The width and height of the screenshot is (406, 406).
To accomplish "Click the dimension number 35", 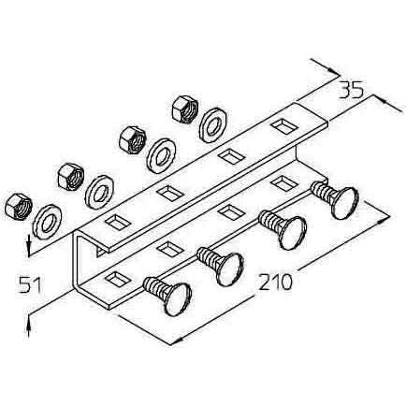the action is pos(352,90).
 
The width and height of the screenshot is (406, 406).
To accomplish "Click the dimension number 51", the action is pos(30,285).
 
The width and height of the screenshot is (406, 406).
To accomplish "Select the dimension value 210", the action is pos(276,282).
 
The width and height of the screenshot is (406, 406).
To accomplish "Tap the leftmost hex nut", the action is pos(19,207).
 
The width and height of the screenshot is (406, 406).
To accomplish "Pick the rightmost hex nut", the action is pos(185,109).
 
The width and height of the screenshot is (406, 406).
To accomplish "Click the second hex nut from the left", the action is pos(71,177).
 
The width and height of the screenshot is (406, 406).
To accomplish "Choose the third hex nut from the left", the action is pos(133,139).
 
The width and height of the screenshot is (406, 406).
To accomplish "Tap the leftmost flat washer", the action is pos(48,222).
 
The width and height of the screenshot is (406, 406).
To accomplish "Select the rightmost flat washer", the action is pos(213,125).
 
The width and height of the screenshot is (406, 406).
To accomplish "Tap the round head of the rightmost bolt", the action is pos(345,203).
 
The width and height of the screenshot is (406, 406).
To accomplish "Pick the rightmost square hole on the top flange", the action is pos(283,126).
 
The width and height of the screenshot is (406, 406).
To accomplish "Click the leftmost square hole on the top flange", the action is pos(117,221).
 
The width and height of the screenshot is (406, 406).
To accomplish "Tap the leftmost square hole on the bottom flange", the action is pos(117,279).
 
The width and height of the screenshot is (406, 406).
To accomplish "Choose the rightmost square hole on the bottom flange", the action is pos(283,183).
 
